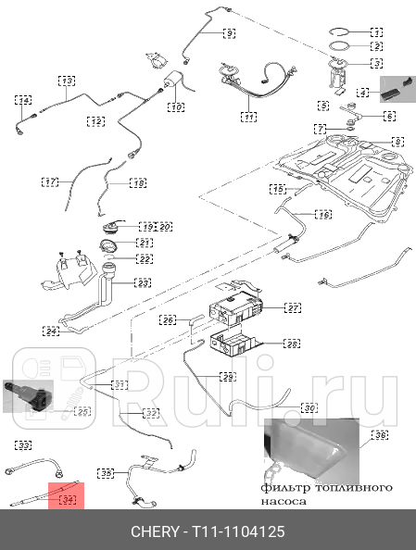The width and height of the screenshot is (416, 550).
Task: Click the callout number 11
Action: [249, 117]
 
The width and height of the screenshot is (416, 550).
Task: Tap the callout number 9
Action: [229, 33]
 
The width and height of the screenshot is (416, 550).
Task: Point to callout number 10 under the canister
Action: [176, 108]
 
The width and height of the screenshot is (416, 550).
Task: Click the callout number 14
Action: [24, 100]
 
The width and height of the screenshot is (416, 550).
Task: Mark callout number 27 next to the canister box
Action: [293, 307]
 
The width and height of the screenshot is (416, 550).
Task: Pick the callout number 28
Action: [292, 344]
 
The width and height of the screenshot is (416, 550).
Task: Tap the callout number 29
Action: [227, 377]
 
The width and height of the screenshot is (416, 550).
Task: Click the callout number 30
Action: [283, 407]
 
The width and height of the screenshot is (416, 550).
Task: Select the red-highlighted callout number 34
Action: [67, 499]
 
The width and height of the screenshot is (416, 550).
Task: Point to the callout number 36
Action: [379, 434]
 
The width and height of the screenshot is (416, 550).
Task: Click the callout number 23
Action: [144, 282]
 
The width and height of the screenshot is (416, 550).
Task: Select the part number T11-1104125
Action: [238, 532]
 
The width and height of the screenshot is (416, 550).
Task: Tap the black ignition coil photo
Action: [38, 392]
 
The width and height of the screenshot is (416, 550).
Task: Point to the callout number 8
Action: [397, 142]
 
